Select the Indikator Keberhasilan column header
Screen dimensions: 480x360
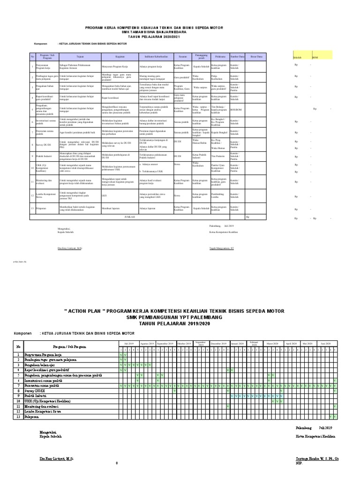pyautogui.click(x=156, y=56)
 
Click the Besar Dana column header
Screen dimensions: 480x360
pyautogui.click(x=256, y=56)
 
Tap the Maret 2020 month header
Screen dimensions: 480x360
pyautogui.click(x=272, y=344)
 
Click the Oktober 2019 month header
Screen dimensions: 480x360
pyautogui.click(x=184, y=344)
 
